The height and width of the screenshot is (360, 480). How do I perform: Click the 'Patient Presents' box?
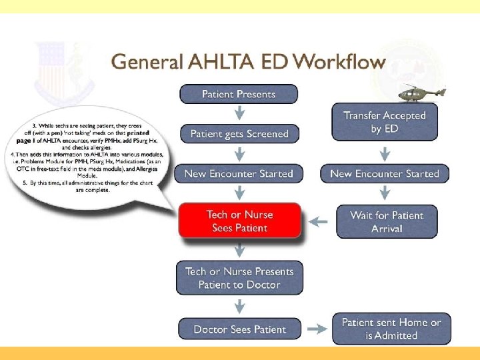point(239,94)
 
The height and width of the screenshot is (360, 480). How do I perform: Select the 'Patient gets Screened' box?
point(239,134)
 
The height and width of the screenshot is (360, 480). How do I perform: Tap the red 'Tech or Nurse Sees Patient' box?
point(239,221)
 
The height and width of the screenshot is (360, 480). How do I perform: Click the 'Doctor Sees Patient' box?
point(239,329)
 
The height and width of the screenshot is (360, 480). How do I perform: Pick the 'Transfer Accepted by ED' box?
point(385,122)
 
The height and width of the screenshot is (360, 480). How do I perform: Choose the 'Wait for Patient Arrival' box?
point(387,222)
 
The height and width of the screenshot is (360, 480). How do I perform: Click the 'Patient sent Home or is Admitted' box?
point(391,329)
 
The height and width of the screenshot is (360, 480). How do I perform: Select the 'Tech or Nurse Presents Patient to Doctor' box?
point(239,279)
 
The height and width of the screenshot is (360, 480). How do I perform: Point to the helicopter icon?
point(423,92)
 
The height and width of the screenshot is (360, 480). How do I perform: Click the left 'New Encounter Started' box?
point(239,174)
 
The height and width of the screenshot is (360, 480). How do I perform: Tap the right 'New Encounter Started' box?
point(385,174)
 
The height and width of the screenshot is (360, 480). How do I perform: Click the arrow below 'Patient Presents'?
point(239,113)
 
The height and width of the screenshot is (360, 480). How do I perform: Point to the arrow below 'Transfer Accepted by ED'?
point(385,154)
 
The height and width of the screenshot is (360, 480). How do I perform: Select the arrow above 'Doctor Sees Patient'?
point(239,307)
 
